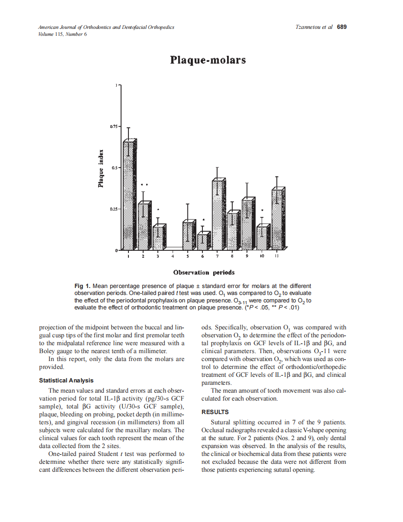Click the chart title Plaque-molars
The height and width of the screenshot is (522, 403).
[x=208, y=60]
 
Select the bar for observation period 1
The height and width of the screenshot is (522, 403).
[x=129, y=195]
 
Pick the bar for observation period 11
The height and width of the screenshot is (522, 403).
[x=277, y=219]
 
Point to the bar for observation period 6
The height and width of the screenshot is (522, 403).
[x=203, y=241]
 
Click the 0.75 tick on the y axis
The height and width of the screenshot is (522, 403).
[x=114, y=126]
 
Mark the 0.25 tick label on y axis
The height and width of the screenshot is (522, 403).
[x=114, y=209]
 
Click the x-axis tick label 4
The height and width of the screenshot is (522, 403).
[x=173, y=256]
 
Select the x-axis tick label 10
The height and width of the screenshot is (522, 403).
[x=262, y=256]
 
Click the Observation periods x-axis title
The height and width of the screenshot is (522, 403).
[x=204, y=272]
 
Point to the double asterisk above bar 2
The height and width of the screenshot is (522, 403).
[x=144, y=185]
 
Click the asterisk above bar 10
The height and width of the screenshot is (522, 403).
[x=262, y=211]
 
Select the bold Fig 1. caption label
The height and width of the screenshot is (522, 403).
[x=82, y=286]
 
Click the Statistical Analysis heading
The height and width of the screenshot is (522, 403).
[x=67, y=381]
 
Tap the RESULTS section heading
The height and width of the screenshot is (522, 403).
[x=215, y=412]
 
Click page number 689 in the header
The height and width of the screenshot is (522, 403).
[x=342, y=27]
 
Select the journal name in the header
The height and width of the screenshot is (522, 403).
[x=106, y=27]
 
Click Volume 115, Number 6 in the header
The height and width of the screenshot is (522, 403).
[x=62, y=34]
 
